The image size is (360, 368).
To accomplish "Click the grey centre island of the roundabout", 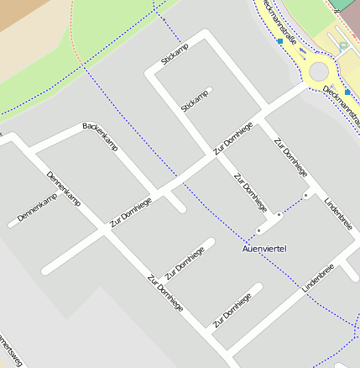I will (x=319, y=72).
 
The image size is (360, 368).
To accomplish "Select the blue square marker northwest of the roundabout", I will (x=279, y=40).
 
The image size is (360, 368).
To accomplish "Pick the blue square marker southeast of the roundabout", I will (x=348, y=92).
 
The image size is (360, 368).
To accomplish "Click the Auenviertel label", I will (x=265, y=249).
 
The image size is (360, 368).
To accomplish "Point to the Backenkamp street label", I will (x=100, y=137).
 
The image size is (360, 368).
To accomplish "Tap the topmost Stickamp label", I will (x=175, y=55).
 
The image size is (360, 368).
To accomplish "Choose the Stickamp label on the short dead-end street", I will (x=194, y=101).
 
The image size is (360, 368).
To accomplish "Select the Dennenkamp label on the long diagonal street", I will (x=64, y=189).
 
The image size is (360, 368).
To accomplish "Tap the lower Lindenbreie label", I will (x=319, y=277).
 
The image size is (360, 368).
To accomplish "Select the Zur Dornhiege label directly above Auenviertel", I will (x=251, y=192).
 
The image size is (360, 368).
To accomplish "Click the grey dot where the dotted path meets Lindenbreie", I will (x=306, y=195).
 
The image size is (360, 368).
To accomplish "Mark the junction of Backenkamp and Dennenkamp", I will (x=32, y=152).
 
